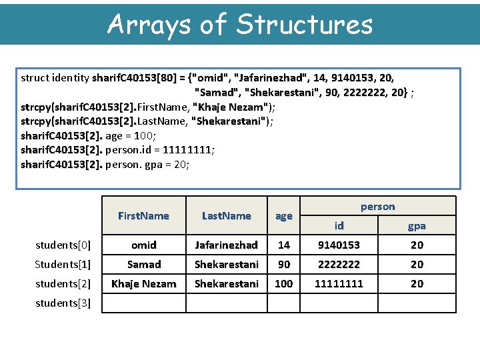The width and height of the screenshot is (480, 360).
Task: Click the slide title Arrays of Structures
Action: [x=240, y=24]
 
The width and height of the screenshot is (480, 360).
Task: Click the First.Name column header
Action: [x=143, y=216]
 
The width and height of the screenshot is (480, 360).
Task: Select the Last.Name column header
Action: [x=227, y=216]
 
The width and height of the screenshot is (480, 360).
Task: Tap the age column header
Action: [x=284, y=216]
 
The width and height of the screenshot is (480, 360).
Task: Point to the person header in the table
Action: [x=378, y=207]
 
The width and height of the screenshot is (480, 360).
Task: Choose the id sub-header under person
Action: [x=339, y=226]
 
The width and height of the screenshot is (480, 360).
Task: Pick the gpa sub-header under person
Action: [x=417, y=226]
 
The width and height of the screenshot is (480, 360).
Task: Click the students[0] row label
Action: [x=63, y=245]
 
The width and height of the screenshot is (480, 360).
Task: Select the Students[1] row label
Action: [x=63, y=264]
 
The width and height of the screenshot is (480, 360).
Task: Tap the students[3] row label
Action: [x=63, y=303]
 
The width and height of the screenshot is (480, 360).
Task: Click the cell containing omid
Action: [x=143, y=245]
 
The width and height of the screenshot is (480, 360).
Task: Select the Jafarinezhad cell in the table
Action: [x=227, y=245]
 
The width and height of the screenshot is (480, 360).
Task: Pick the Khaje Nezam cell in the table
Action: [x=143, y=283]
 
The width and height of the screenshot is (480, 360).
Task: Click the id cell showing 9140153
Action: [x=339, y=245]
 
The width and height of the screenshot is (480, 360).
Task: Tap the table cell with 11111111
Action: [x=339, y=283]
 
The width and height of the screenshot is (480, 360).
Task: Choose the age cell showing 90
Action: [x=284, y=264]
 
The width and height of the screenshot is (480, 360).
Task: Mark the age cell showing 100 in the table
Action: [x=284, y=283]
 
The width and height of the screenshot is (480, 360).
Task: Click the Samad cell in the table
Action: [x=143, y=264]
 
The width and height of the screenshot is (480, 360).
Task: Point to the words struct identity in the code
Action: [x=55, y=78]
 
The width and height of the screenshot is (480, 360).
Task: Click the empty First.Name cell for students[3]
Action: [x=143, y=303]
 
